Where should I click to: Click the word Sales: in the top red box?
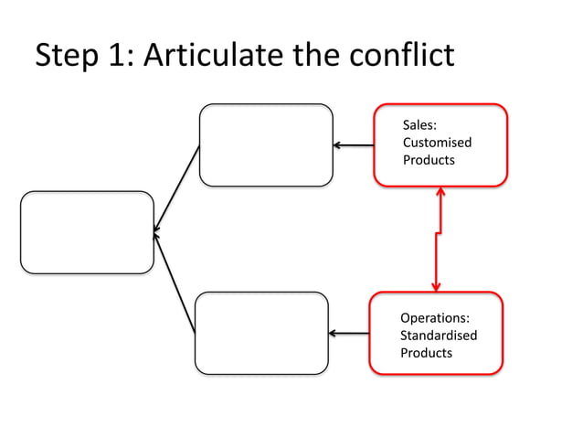pos(419,125)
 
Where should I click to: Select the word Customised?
pos(437,143)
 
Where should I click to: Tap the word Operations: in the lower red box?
pos(435,318)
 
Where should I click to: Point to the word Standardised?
pos(439,336)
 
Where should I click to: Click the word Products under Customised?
pos(429,160)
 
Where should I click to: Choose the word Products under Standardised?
pos(426,353)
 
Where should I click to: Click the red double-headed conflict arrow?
pos(439,240)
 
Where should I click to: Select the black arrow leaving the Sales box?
pos(354,144)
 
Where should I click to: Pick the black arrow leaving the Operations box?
pos(349,334)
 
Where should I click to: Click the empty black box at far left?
pos(87,232)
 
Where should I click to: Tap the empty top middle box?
pos(266,144)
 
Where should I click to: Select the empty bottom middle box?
pos(261,333)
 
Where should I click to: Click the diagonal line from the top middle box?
pos(177,187)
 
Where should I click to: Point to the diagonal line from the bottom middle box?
pos(175,282)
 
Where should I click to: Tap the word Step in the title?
pos(67,57)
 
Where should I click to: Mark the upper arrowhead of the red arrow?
pos(440,192)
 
